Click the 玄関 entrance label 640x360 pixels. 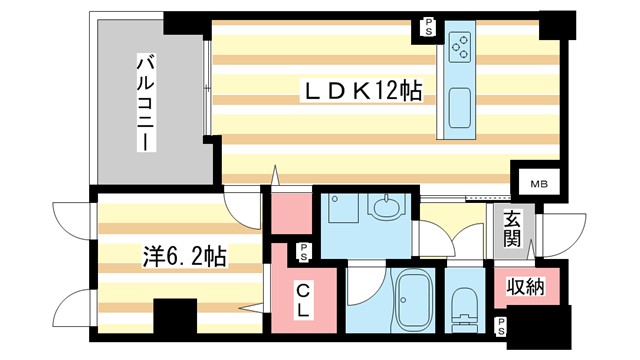click(x=511, y=230)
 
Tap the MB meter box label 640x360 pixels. click(x=538, y=184)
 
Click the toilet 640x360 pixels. click(x=465, y=305)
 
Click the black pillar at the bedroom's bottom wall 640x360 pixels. click(x=175, y=321)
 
